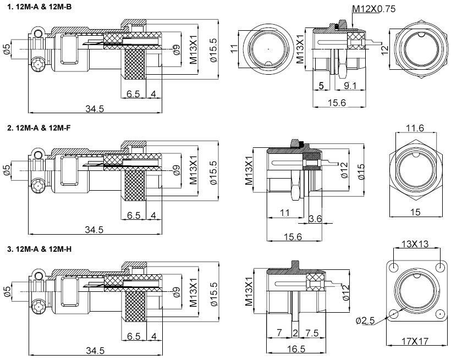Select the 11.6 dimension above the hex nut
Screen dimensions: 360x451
(x=415, y=128)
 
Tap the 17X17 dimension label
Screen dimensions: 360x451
(x=416, y=341)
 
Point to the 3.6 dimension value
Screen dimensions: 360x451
(x=315, y=219)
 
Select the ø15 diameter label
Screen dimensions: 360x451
(x=360, y=171)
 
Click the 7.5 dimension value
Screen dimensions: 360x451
(x=311, y=333)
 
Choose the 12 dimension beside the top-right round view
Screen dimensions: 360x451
(x=384, y=49)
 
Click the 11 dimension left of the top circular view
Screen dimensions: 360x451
(x=233, y=49)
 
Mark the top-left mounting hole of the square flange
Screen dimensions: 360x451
(x=395, y=266)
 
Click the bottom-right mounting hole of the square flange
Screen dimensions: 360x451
(x=440, y=315)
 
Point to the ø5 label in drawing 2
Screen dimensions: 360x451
(x=6, y=170)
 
